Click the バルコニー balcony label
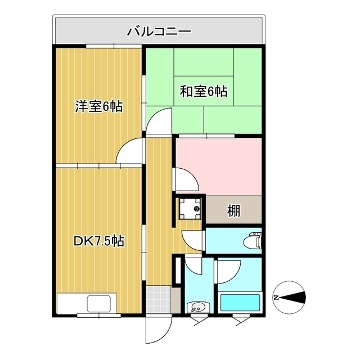159,30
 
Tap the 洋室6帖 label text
99,106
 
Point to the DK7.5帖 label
99,241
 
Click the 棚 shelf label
234,211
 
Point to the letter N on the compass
277,296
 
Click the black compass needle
295,296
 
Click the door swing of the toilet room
193,240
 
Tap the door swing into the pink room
186,179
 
